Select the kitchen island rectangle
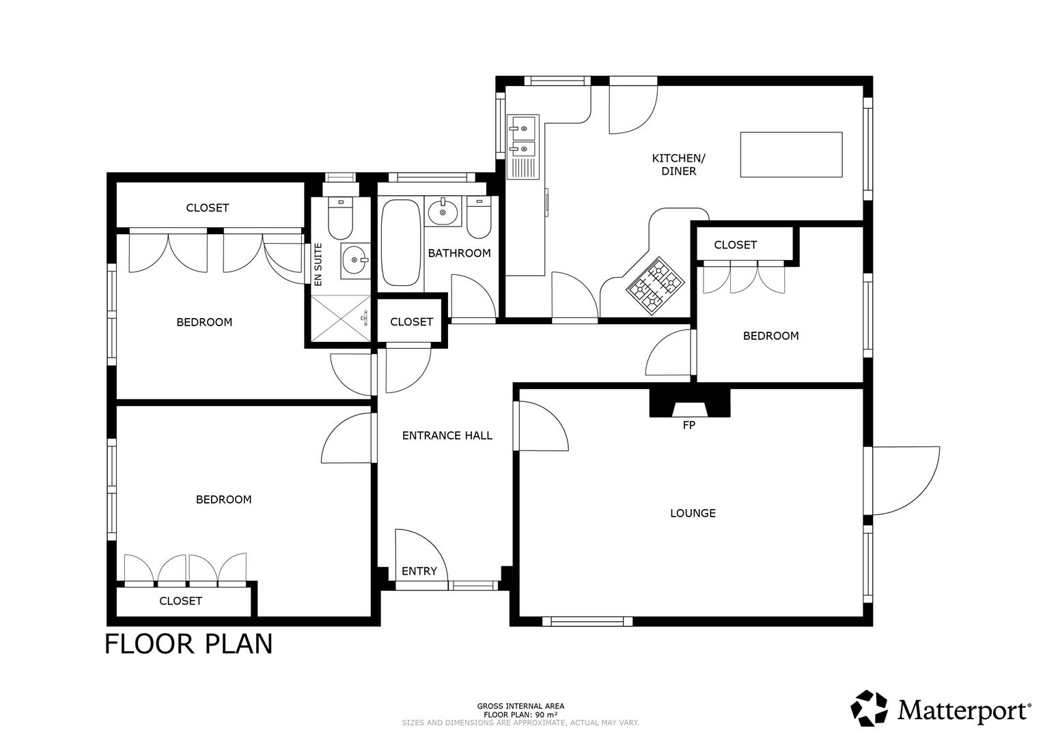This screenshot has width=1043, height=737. tap(791, 154)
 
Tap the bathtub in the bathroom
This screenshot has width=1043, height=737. tap(401, 242)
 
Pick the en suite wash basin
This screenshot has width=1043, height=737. tap(354, 259)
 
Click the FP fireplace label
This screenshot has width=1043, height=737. tap(689, 425)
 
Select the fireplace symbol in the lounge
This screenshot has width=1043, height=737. tap(689, 403)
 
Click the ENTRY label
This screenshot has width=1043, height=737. tap(419, 571)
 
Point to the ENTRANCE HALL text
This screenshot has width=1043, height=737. tap(447, 435)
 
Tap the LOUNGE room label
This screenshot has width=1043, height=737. tap(693, 513)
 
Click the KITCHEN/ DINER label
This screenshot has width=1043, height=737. tap(678, 164)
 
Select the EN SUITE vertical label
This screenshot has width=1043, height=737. tap(318, 265)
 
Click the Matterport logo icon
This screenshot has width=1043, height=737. tap(869, 708)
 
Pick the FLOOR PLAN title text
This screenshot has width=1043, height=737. tap(189, 644)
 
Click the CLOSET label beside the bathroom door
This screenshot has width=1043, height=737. tap(411, 321)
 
